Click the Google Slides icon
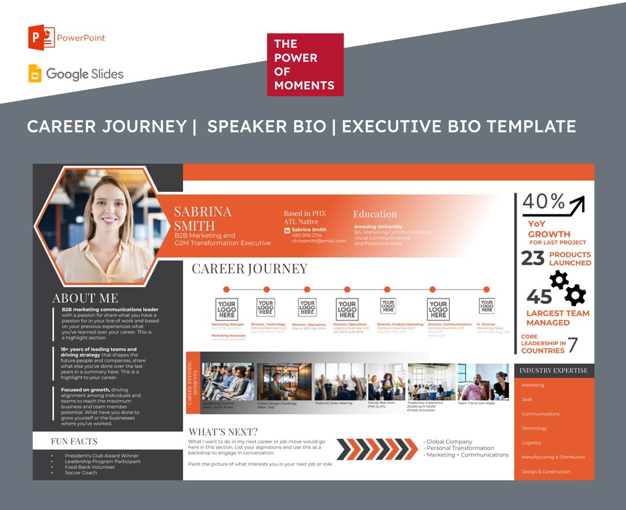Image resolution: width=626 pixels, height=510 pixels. tap(35, 74)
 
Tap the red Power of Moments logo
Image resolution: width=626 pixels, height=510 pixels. tap(305, 64)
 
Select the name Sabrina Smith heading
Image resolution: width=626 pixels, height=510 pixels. tap(202, 218)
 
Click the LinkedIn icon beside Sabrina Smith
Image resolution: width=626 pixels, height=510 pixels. tap(287, 230)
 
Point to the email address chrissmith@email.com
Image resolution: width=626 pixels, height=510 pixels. tap(318, 241)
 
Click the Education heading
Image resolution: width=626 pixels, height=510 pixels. tap(374, 214)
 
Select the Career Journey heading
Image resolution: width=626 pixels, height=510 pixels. tap(250, 268)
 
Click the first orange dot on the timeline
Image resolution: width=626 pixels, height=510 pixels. tap(226, 289)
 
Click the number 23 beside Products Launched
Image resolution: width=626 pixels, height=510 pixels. tap(532, 258)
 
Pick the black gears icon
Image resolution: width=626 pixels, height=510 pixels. tap(567, 288)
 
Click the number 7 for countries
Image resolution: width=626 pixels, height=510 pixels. tap(572, 345)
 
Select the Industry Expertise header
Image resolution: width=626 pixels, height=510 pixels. tap(553, 370)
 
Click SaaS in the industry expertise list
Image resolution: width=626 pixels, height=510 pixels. tap(527, 399)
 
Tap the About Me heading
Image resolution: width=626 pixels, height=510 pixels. tap(85, 298)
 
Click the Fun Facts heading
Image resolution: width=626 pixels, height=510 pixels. tap(74, 441)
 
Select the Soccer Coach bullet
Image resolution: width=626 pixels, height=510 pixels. tap(81, 473)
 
